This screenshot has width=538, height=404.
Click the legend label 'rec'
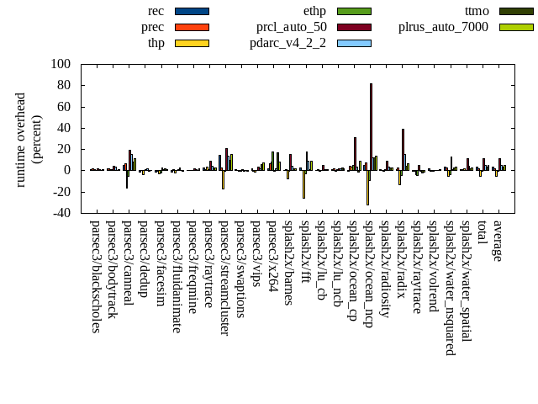click(x=156, y=11)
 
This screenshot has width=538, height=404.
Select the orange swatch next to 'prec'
click(x=192, y=27)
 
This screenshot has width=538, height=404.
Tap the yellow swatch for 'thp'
click(x=192, y=43)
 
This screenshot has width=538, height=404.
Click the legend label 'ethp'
click(x=314, y=11)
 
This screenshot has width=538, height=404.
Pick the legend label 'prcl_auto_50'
click(x=292, y=27)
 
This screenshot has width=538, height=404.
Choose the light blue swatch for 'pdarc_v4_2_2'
click(x=354, y=43)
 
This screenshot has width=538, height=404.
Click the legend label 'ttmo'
click(x=477, y=11)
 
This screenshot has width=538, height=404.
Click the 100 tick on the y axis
click(x=61, y=64)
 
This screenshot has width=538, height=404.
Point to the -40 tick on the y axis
click(x=61, y=213)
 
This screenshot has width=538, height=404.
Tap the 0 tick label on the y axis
click(x=67, y=170)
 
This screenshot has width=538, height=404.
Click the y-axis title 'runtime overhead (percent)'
click(x=29, y=139)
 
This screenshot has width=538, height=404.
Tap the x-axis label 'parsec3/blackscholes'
click(x=96, y=277)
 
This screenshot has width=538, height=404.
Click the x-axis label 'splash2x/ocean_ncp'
click(x=369, y=274)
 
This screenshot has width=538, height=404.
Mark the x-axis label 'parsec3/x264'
click(x=272, y=256)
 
